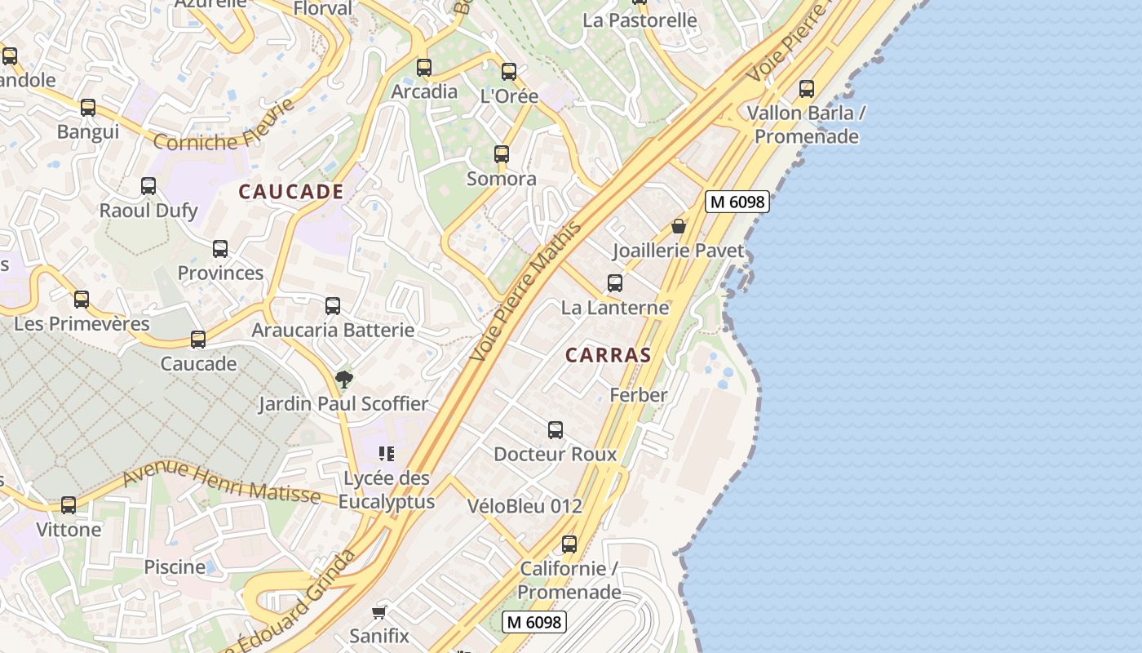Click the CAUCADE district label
290,192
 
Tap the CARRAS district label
609,355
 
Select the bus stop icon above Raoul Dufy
148,186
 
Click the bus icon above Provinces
220,249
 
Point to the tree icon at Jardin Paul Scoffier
343,379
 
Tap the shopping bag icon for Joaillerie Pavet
678,226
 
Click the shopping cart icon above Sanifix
378,612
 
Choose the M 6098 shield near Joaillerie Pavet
737,202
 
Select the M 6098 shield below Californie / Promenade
533,622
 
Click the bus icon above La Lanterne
615,283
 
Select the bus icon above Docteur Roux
556,430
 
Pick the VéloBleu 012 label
525,506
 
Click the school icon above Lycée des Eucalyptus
387,454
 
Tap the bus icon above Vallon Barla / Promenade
807,89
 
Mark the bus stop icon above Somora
502,154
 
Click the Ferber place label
639,395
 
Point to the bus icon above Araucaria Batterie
333,306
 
